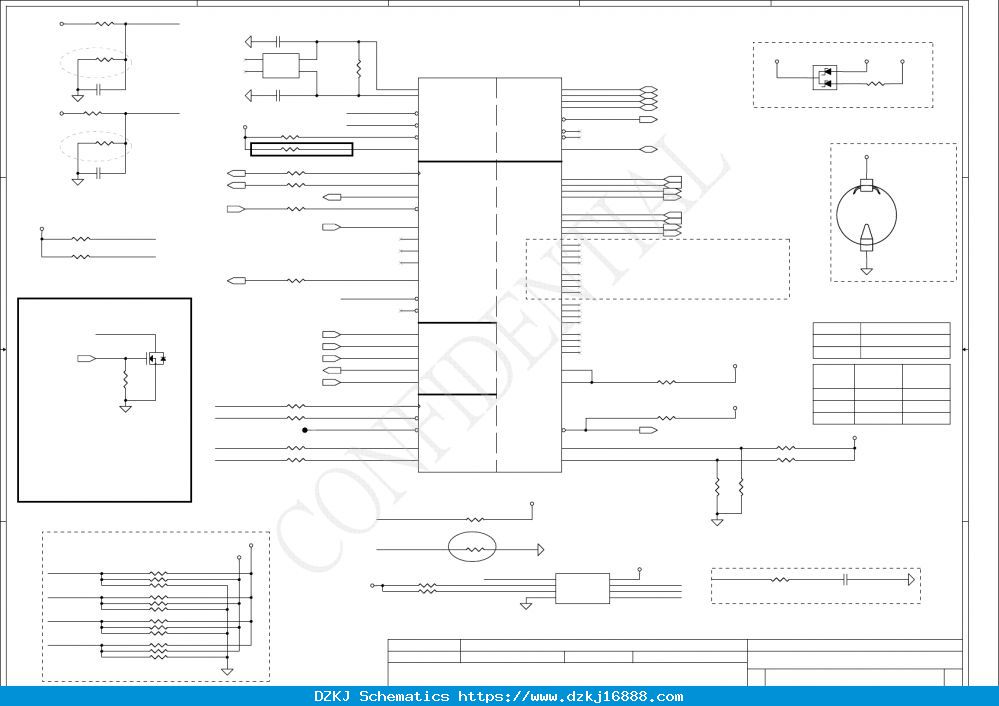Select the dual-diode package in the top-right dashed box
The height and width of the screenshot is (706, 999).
click(825, 78)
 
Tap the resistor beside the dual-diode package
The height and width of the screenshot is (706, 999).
click(876, 83)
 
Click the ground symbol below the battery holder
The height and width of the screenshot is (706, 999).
click(866, 271)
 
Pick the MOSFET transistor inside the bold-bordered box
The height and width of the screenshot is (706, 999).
click(156, 358)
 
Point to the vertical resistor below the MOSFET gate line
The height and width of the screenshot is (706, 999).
click(126, 380)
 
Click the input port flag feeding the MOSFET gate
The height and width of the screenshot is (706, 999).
click(87, 359)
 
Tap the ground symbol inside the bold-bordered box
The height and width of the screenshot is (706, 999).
click(126, 408)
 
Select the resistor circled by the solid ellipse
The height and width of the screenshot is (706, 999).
click(472, 549)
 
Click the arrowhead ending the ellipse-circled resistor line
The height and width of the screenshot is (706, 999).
click(541, 549)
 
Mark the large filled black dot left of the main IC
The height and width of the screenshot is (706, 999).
click(305, 430)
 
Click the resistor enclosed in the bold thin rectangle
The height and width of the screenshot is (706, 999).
click(290, 149)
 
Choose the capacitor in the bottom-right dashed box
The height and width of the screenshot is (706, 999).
click(846, 579)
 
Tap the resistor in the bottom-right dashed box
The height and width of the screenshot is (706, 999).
click(780, 579)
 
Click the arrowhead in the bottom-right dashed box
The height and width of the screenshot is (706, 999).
click(911, 579)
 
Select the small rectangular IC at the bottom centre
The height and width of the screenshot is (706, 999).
click(582, 588)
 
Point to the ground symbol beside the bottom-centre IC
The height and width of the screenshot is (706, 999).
click(526, 605)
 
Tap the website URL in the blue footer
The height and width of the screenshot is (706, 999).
click(571, 696)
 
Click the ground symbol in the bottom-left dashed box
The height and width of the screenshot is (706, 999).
click(227, 671)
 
